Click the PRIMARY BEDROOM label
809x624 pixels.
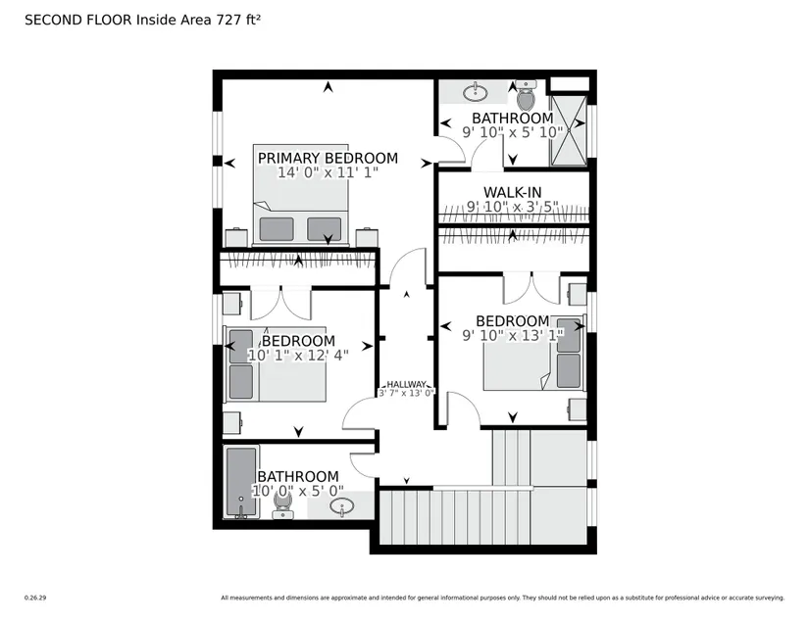tap(328, 158)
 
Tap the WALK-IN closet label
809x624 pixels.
tap(512, 192)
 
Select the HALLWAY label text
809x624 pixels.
tap(407, 384)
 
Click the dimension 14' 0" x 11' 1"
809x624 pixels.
tap(328, 172)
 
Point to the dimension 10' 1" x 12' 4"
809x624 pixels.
tap(298, 356)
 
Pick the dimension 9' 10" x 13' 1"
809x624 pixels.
tap(512, 335)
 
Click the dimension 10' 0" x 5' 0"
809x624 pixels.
tap(298, 491)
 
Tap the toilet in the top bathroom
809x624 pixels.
tap(527, 94)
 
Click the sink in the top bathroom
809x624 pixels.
tap(476, 93)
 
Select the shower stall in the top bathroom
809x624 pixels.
tap(569, 130)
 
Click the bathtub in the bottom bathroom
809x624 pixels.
tap(241, 482)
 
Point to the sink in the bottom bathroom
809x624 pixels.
tap(341, 506)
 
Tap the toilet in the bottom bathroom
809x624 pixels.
tap(282, 504)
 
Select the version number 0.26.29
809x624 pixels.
tap(35, 598)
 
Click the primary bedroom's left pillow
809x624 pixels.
tap(277, 229)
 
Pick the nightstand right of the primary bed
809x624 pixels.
tap(367, 237)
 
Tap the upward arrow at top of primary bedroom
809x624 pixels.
tap(328, 87)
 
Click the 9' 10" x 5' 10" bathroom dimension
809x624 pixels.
tap(512, 132)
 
